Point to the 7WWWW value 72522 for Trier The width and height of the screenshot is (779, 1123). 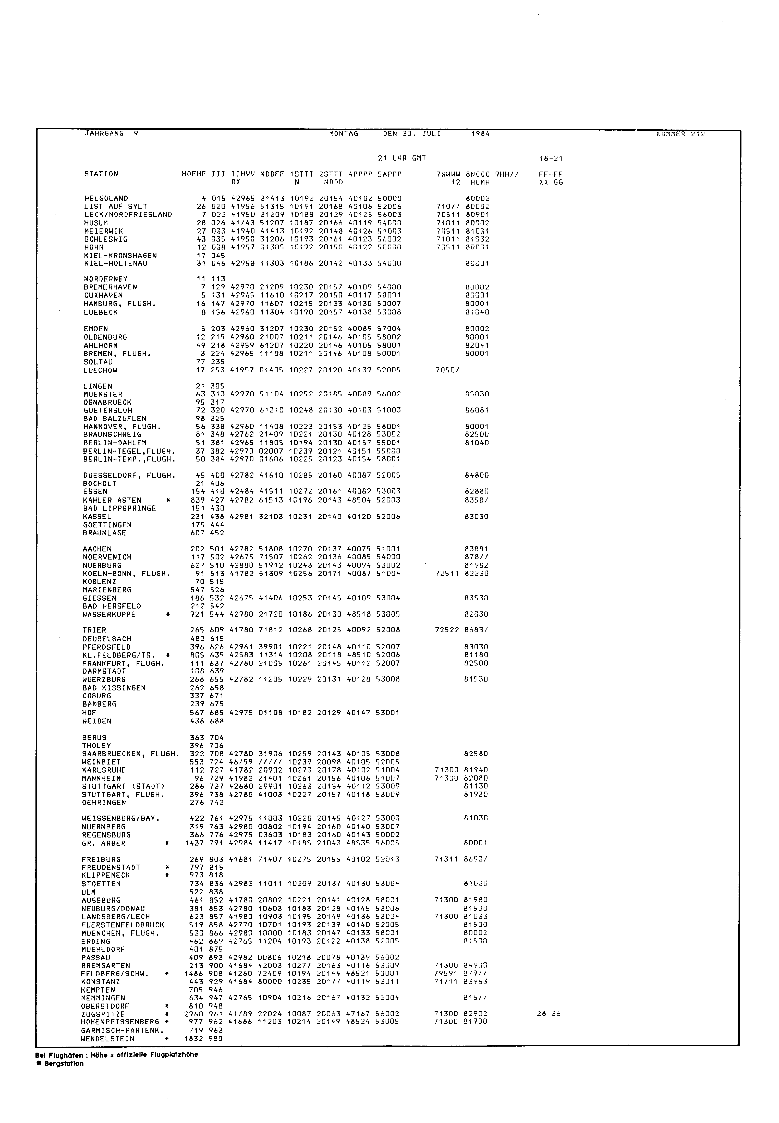click(447, 630)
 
